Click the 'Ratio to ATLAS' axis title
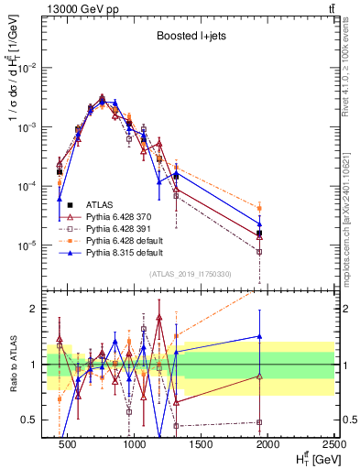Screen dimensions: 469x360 tap(14, 365)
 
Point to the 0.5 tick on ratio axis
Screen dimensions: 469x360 tap(35, 420)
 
